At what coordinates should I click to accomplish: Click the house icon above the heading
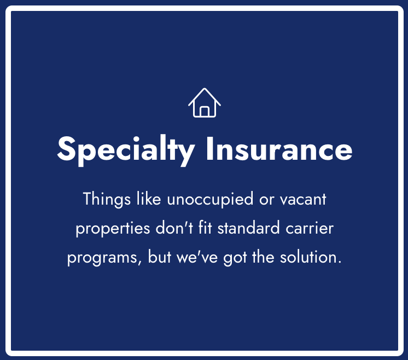coord(205,103)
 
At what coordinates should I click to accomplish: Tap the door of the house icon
coord(205,112)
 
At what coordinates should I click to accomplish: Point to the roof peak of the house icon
coord(205,89)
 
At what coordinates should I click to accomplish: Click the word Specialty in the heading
coord(126,150)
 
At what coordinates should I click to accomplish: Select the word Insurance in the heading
coord(279,148)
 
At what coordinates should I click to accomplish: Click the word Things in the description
coord(107,199)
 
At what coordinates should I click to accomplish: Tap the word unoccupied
coord(210,200)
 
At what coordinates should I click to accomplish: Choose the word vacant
coord(303,200)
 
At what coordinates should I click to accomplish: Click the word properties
coord(113,229)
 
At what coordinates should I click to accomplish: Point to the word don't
coord(174,227)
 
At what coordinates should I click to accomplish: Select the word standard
coord(248,228)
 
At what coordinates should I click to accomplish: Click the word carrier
coord(310,228)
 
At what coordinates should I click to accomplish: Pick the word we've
coord(197,257)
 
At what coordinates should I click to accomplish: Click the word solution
coord(311,257)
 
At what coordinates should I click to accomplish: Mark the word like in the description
coord(149,199)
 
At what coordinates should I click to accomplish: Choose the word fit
coord(205,227)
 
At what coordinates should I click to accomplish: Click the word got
coord(235,258)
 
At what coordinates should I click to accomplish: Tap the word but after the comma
coord(160,257)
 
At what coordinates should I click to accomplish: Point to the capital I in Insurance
coord(209,148)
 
